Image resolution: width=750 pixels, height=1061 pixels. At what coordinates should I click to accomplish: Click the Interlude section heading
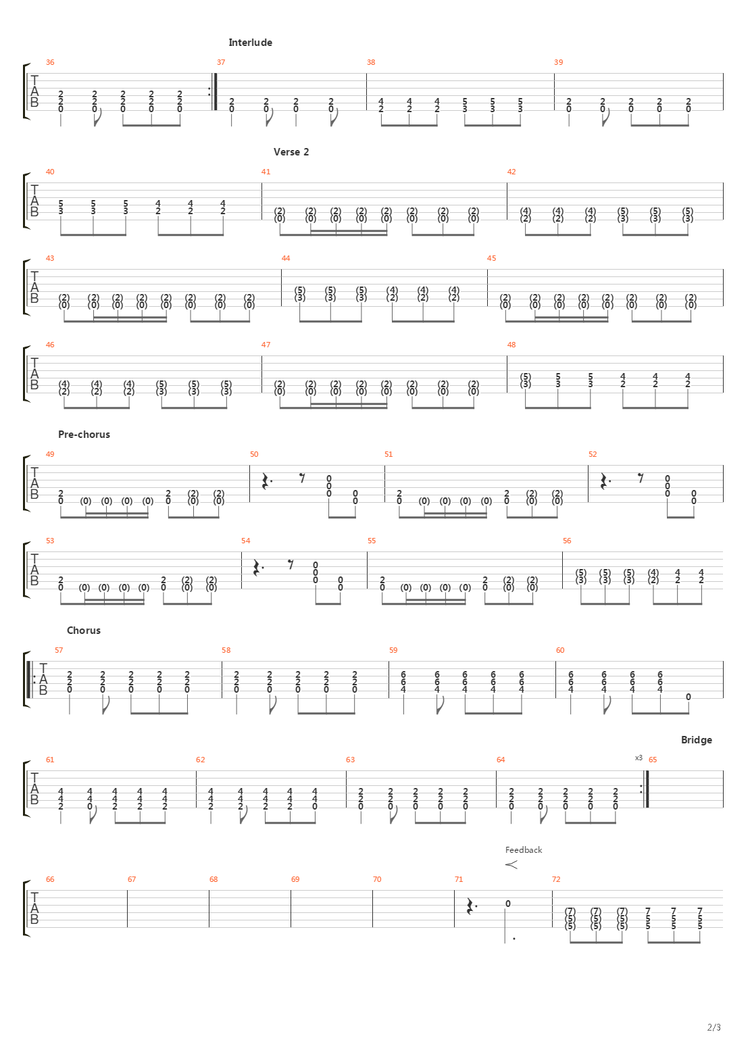(x=250, y=43)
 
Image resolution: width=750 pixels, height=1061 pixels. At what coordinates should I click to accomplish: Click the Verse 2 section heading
(x=291, y=152)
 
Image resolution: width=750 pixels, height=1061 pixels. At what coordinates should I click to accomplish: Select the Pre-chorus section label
(x=84, y=435)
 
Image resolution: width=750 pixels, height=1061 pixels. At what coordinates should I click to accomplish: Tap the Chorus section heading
(x=83, y=631)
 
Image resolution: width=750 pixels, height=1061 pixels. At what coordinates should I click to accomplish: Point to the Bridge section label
(x=696, y=740)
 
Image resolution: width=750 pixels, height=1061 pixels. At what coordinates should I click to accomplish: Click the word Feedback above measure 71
(x=523, y=850)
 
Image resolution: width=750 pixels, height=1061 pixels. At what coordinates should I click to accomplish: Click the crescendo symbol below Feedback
(x=511, y=864)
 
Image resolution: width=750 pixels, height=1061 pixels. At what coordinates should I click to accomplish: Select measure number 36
(x=50, y=62)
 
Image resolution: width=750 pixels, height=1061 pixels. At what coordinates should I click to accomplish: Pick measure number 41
(x=266, y=172)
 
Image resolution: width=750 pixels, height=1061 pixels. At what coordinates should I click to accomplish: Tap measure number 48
(x=511, y=345)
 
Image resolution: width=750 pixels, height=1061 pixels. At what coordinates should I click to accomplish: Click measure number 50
(x=253, y=454)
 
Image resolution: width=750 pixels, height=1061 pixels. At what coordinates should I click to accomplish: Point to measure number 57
(x=59, y=650)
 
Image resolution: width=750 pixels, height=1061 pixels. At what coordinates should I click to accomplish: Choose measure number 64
(x=501, y=760)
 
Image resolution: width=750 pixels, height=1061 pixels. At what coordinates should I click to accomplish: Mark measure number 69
(x=295, y=879)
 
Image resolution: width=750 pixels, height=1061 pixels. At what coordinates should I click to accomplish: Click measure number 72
(x=556, y=879)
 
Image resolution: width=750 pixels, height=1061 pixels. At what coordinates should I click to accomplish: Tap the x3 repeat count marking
(x=639, y=758)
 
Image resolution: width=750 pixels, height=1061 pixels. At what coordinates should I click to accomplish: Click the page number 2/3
(x=714, y=1028)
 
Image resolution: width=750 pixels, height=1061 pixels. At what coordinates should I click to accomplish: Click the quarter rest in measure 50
(x=267, y=480)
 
